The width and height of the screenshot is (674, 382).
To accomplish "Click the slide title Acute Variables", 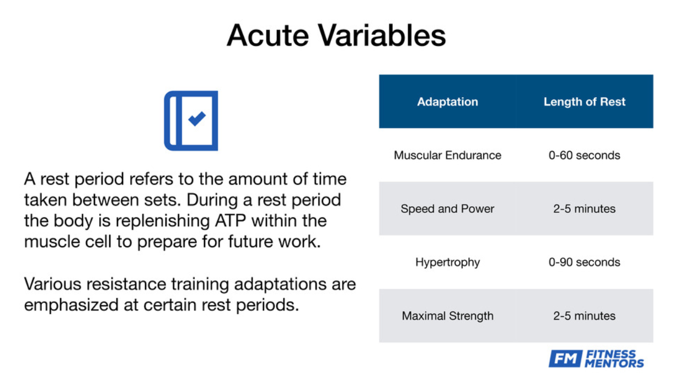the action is coord(336,35).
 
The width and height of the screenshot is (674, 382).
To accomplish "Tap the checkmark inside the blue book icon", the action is coord(197,118).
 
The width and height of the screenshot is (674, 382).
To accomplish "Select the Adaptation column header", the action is coord(447,102).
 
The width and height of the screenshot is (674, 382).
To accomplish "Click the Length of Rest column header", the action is coord(584,102).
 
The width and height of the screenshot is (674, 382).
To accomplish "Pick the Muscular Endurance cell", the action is coord(447,155).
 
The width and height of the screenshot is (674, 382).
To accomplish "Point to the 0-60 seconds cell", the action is coord(584,155).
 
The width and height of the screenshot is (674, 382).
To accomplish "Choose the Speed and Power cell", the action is coord(447,209).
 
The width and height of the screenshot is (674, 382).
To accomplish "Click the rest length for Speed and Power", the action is coord(584,209).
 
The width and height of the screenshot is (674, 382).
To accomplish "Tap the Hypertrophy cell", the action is coord(447,262).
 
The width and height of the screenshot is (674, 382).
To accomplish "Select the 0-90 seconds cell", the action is coord(584,262).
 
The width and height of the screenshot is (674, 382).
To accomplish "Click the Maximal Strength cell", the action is coord(447,316).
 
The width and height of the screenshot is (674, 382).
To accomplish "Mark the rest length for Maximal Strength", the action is coord(584,316).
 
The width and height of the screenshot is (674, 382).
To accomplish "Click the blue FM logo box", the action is coord(565,358).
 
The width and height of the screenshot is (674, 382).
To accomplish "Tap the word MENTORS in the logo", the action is coord(614,363).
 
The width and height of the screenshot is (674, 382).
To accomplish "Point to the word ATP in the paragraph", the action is coord(230,220).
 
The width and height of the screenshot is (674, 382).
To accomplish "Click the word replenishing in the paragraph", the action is coord(163,221).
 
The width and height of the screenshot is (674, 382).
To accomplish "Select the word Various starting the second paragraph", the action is coord(52,284).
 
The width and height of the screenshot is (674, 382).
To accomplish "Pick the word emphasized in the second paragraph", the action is coord(71,305).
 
